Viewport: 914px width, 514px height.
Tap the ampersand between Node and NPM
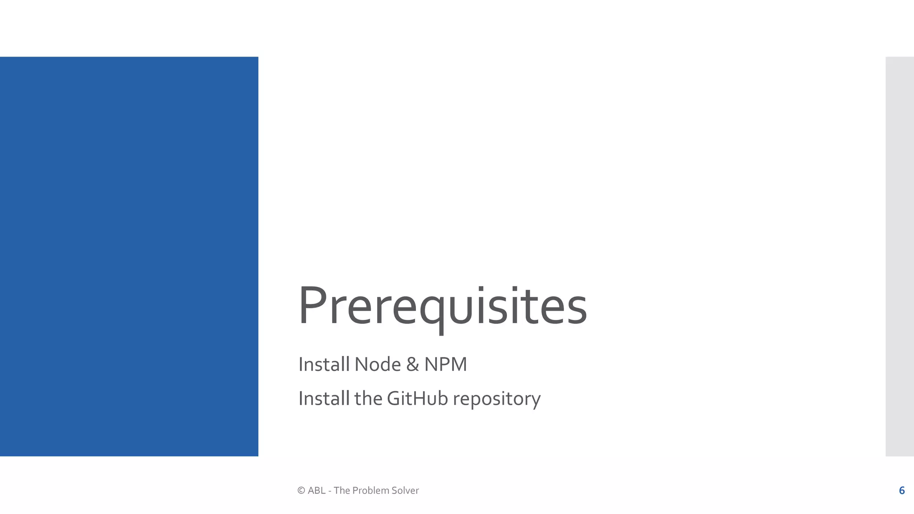pyautogui.click(x=412, y=365)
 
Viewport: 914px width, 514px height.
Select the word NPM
pyautogui.click(x=445, y=365)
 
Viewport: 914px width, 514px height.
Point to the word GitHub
pyautogui.click(x=417, y=398)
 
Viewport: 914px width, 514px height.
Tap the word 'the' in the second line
pyautogui.click(x=368, y=398)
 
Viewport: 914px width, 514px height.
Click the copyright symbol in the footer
pyautogui.click(x=301, y=490)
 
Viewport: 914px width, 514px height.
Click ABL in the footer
pyautogui.click(x=316, y=490)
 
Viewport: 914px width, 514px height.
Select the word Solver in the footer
pyautogui.click(x=405, y=490)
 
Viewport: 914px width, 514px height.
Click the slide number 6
pyautogui.click(x=902, y=490)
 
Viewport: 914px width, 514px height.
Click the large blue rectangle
pyautogui.click(x=129, y=256)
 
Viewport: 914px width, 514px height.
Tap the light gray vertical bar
pyautogui.click(x=899, y=256)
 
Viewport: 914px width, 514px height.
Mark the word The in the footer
pyautogui.click(x=342, y=490)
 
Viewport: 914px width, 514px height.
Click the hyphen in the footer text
pyautogui.click(x=329, y=491)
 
